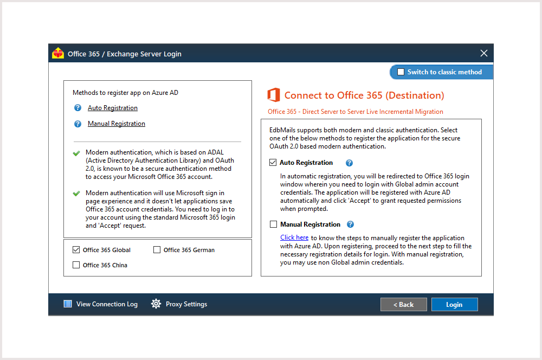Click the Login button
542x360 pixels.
[454, 305]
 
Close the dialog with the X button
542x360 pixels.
[484, 53]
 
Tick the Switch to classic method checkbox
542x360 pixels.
[401, 72]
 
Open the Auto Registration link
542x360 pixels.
[113, 108]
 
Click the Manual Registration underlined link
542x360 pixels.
[117, 124]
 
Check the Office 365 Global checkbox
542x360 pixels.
[76, 250]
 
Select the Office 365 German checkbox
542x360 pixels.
[157, 250]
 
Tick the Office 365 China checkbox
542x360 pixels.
[76, 265]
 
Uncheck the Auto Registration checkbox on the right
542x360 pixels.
[273, 163]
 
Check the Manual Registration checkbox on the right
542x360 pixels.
[273, 224]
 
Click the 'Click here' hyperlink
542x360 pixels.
[294, 237]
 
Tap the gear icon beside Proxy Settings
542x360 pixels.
[156, 304]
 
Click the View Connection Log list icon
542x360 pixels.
[68, 304]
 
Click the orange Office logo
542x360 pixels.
[274, 95]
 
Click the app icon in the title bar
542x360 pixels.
[58, 54]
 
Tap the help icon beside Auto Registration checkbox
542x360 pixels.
[350, 163]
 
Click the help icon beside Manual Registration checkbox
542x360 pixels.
[351, 224]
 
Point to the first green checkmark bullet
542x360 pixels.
[76, 153]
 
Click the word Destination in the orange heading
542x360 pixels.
[415, 95]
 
